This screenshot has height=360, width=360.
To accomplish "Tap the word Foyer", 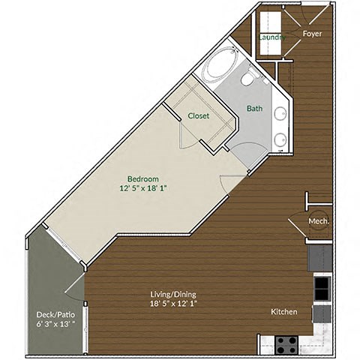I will point(313,34).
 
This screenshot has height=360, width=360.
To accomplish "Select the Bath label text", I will point(255,109).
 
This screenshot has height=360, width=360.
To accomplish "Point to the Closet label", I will point(199,116).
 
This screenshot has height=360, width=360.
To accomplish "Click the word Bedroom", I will point(142,178).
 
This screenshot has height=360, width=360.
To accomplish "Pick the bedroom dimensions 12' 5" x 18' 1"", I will point(142,188).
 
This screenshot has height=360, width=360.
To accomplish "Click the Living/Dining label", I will point(173,295).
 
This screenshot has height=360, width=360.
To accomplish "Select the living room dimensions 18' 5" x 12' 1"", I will point(173,304).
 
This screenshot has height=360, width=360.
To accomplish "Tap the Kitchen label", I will point(284,312).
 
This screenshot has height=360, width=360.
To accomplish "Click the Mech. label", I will point(318,221).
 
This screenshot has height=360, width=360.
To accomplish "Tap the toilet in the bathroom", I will point(248,79).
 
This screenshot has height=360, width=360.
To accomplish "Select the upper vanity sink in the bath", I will point(279,115).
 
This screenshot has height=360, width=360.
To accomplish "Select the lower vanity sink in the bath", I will point(279,139).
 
